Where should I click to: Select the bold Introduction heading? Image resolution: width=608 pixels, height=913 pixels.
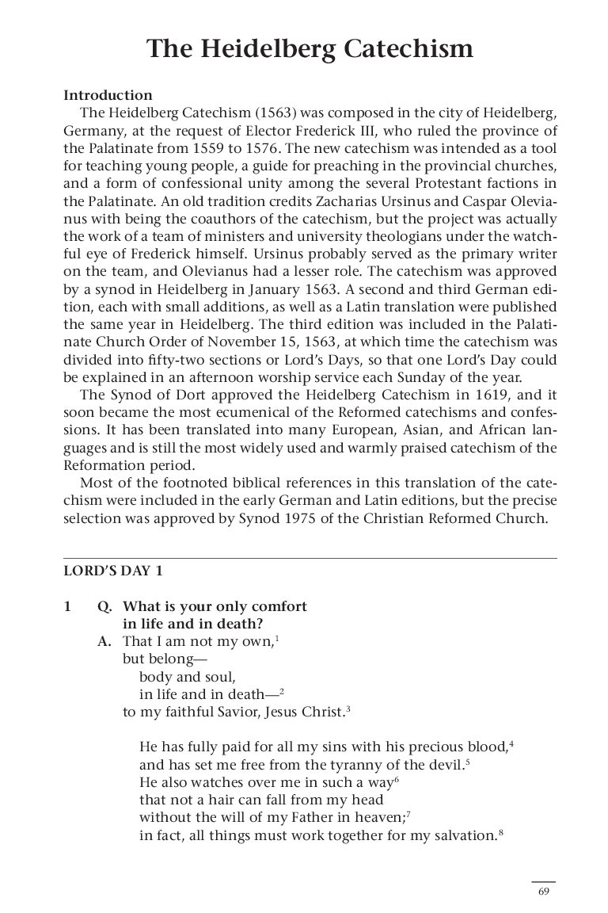pos(108,95)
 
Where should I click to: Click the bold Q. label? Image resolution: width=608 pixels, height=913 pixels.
pos(104,607)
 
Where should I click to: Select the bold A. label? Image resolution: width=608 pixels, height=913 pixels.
pos(104,642)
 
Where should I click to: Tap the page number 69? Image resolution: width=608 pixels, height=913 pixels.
pos(543,891)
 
